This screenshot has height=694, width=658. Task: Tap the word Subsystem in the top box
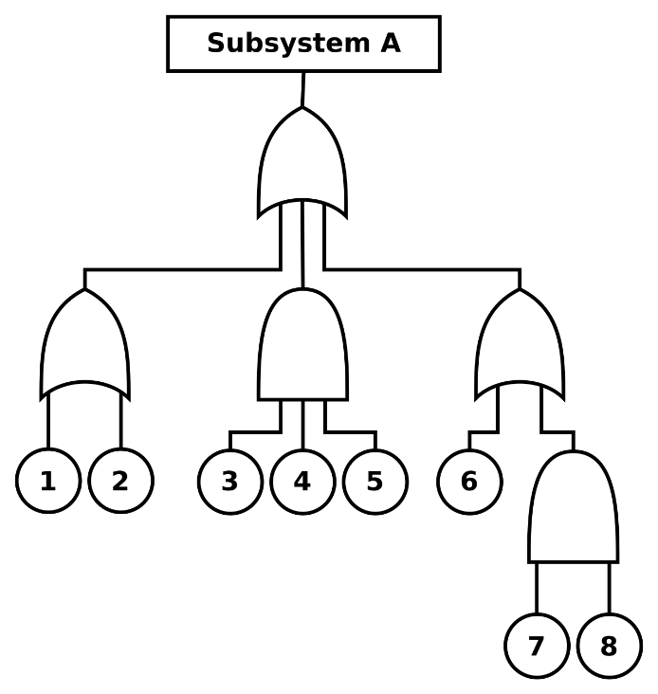tap(288, 44)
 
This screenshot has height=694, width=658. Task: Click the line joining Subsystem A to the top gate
tap(303, 89)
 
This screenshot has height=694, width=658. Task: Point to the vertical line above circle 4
tap(302, 425)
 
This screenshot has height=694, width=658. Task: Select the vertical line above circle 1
tap(48, 420)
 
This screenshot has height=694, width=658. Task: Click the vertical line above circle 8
tap(610, 589)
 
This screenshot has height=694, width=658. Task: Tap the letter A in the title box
tap(391, 44)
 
